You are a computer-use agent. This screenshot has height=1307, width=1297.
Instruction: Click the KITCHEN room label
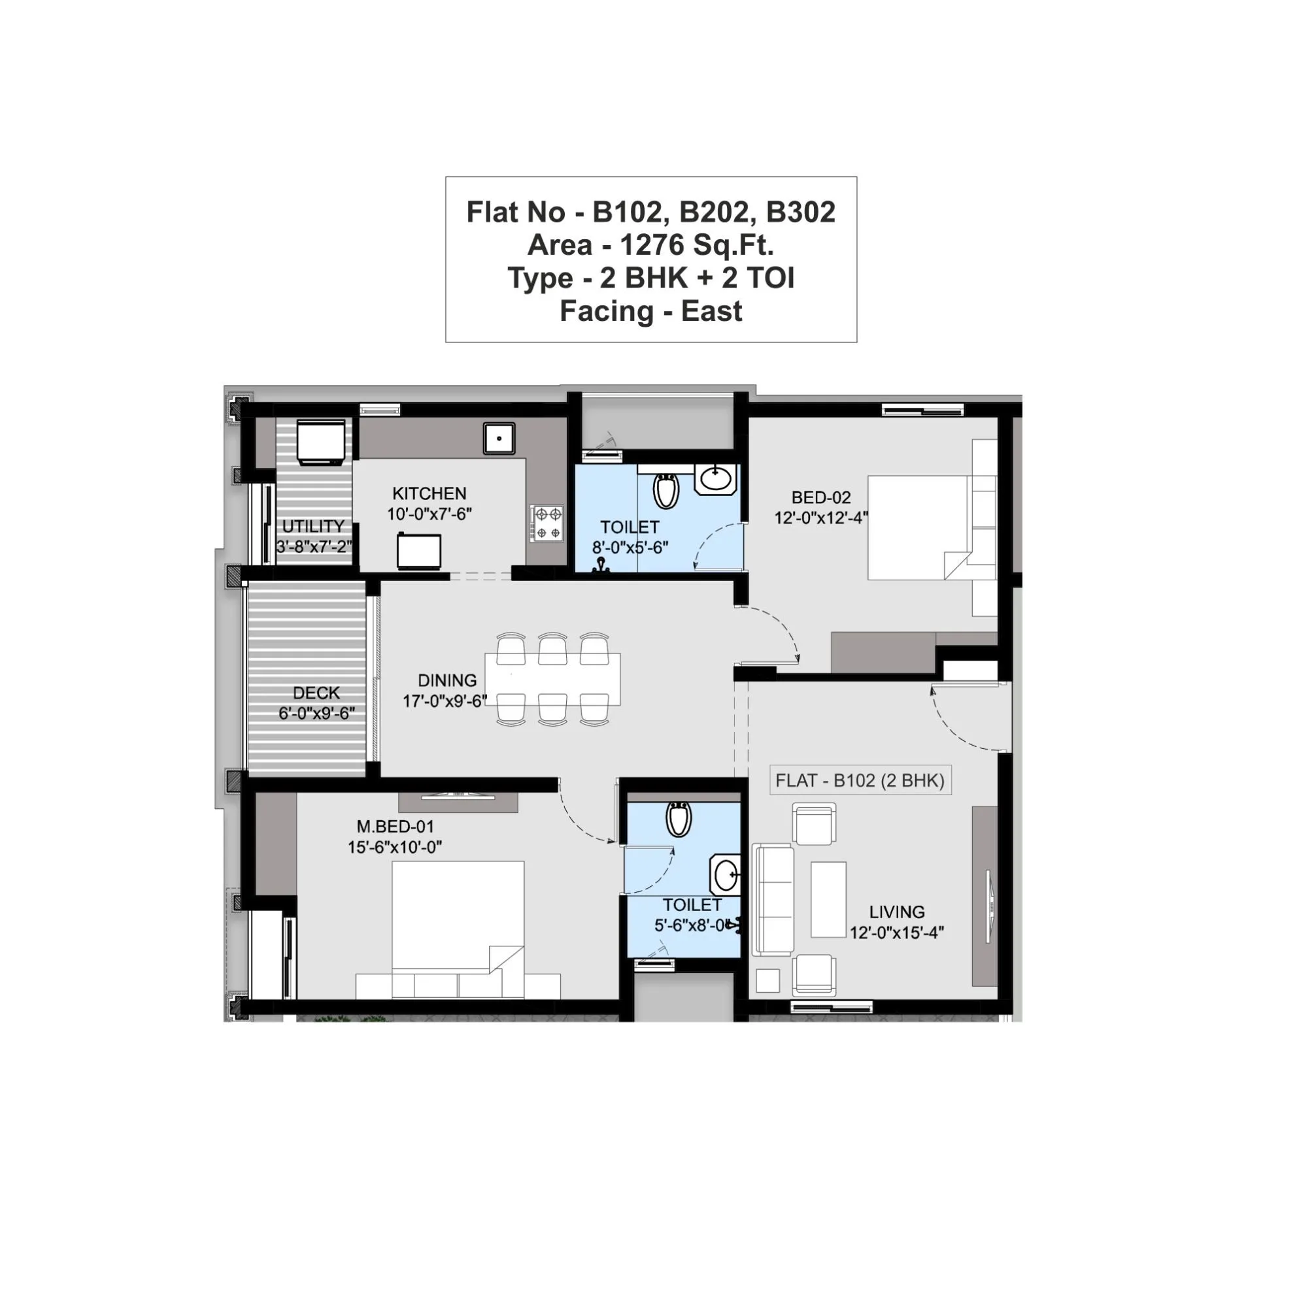click(429, 493)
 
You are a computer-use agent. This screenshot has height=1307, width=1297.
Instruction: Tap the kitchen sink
click(499, 438)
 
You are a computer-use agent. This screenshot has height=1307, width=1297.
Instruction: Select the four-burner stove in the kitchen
click(547, 523)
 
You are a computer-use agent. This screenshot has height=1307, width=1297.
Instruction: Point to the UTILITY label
click(312, 526)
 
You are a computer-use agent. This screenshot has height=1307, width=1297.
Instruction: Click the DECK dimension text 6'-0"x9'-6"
click(316, 713)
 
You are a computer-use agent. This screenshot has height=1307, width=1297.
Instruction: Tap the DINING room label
click(446, 680)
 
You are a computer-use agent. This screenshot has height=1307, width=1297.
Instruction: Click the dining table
click(552, 678)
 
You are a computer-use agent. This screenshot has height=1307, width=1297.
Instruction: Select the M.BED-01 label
click(395, 826)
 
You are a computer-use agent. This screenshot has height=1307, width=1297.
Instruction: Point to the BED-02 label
click(820, 497)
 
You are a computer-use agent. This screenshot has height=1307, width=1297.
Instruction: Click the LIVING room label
click(896, 912)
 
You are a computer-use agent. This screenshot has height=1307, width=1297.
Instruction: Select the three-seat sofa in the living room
click(772, 899)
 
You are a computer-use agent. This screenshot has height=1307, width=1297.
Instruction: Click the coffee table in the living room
click(828, 899)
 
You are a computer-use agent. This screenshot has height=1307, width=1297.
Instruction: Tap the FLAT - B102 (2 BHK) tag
click(859, 780)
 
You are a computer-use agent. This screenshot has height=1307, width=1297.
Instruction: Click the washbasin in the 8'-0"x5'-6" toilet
click(716, 479)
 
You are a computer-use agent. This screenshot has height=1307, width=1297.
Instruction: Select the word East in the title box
click(711, 311)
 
